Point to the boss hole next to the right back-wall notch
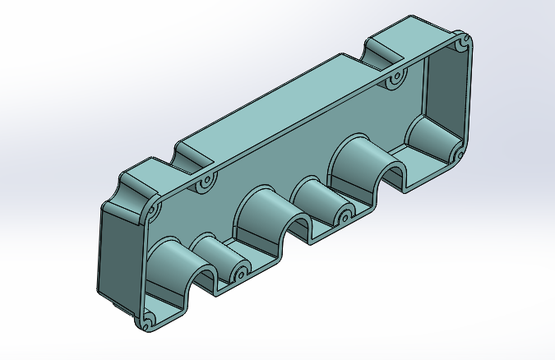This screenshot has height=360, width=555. [x=395, y=81]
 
